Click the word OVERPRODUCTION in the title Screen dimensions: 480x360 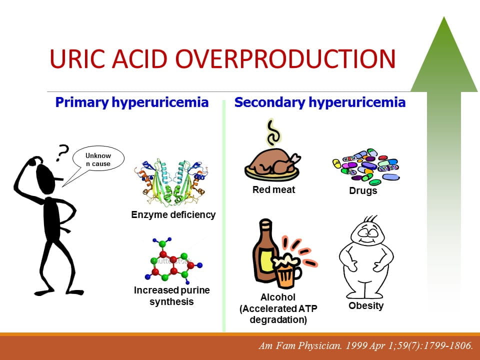285,58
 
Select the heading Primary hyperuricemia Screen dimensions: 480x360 132,102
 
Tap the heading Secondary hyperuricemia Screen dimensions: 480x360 320,102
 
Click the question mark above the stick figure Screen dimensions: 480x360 62,152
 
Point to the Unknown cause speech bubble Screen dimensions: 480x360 98,160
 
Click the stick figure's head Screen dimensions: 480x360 46,178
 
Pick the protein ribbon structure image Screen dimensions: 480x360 171,182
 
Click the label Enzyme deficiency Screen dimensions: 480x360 173,214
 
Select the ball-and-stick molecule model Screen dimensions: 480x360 173,260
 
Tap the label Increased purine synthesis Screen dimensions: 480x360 171,295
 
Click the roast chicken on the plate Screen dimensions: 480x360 272,165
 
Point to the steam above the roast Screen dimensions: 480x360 273,132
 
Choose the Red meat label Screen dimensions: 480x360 273,190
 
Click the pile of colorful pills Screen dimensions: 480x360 366,167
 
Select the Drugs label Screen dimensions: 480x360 363,190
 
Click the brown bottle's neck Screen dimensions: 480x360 265,228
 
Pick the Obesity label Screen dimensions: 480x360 366,305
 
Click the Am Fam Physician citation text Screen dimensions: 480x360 366,345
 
